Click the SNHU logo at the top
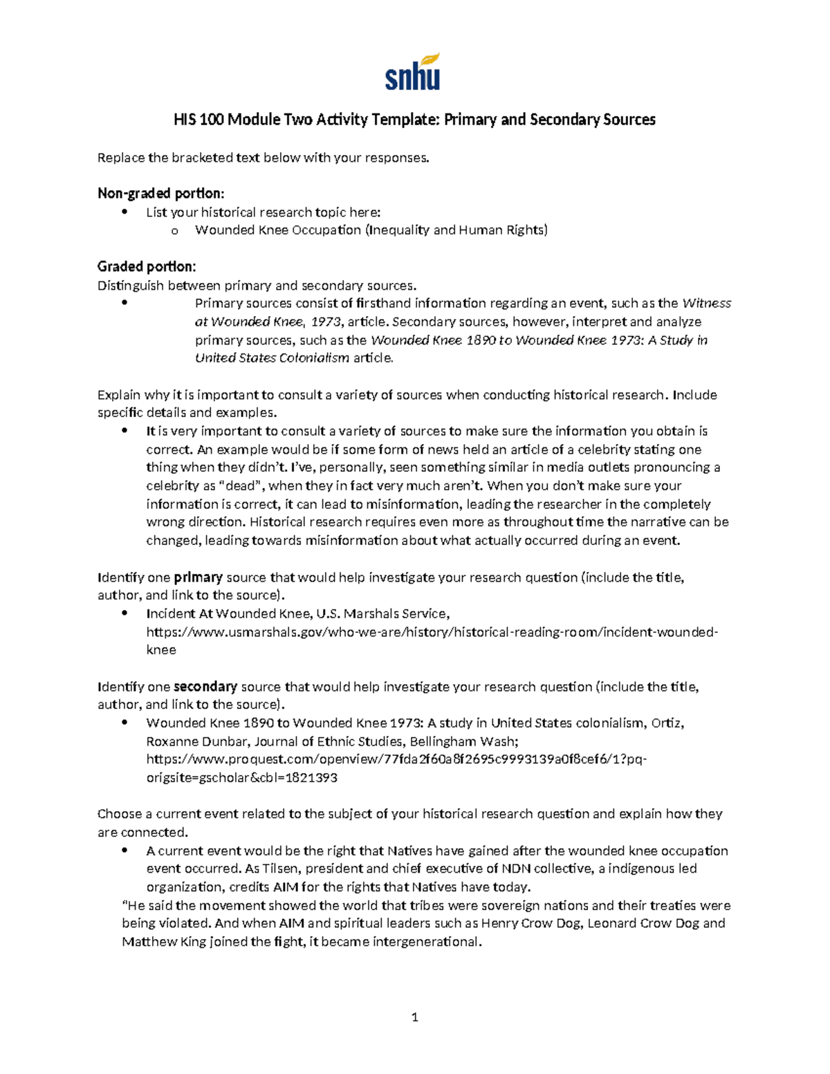click(x=412, y=73)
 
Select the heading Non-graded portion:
click(x=160, y=193)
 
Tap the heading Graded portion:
click(x=147, y=267)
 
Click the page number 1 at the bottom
click(x=414, y=1017)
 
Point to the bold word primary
click(x=198, y=577)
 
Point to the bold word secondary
click(x=205, y=687)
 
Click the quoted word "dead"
click(x=237, y=485)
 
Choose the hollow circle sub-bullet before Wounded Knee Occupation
click(x=174, y=231)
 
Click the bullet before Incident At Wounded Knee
click(x=124, y=613)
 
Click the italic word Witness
click(x=706, y=303)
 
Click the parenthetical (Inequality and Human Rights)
click(x=456, y=230)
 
